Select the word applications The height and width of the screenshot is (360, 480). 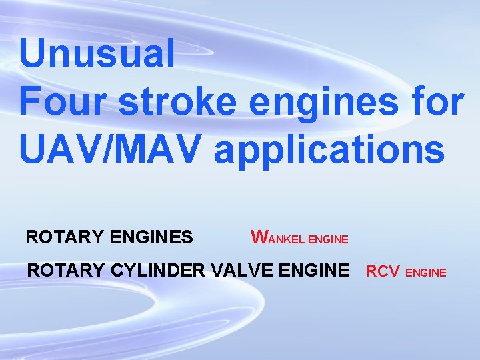(329, 150)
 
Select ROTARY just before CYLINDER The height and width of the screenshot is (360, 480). (62, 271)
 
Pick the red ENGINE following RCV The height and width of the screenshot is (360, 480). (426, 273)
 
